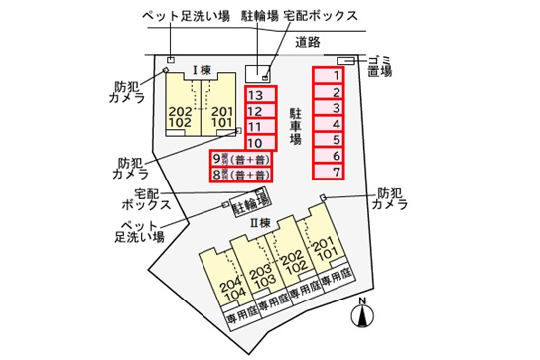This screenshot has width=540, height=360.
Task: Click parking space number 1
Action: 337,75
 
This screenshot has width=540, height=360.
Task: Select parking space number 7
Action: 337,172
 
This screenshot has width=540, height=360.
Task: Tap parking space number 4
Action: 337,124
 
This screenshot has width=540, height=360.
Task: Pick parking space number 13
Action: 255,95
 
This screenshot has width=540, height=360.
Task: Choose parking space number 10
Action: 255,144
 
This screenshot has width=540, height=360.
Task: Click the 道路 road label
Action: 308,42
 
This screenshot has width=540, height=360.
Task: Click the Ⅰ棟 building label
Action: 202,71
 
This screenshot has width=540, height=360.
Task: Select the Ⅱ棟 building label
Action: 261,223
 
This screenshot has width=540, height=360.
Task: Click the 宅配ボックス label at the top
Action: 320,18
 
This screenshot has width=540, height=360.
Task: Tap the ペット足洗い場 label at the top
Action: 186,18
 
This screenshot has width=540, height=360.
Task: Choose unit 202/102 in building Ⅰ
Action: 182,115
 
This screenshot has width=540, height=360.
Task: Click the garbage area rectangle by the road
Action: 346,60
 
